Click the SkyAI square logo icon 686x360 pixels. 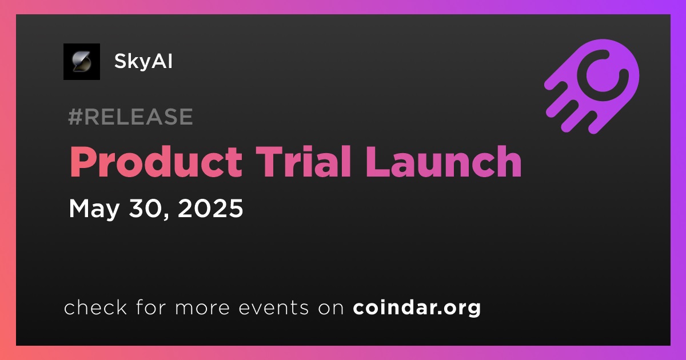82,62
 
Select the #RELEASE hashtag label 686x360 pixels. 130,117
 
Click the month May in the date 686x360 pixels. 94,209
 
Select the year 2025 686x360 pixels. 210,208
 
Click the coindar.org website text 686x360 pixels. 417,307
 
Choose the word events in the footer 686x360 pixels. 274,307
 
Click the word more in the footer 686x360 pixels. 202,308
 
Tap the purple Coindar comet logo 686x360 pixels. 592,86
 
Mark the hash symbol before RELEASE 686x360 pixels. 75,117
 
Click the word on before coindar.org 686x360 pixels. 331,308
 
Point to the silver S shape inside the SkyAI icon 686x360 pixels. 82,62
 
